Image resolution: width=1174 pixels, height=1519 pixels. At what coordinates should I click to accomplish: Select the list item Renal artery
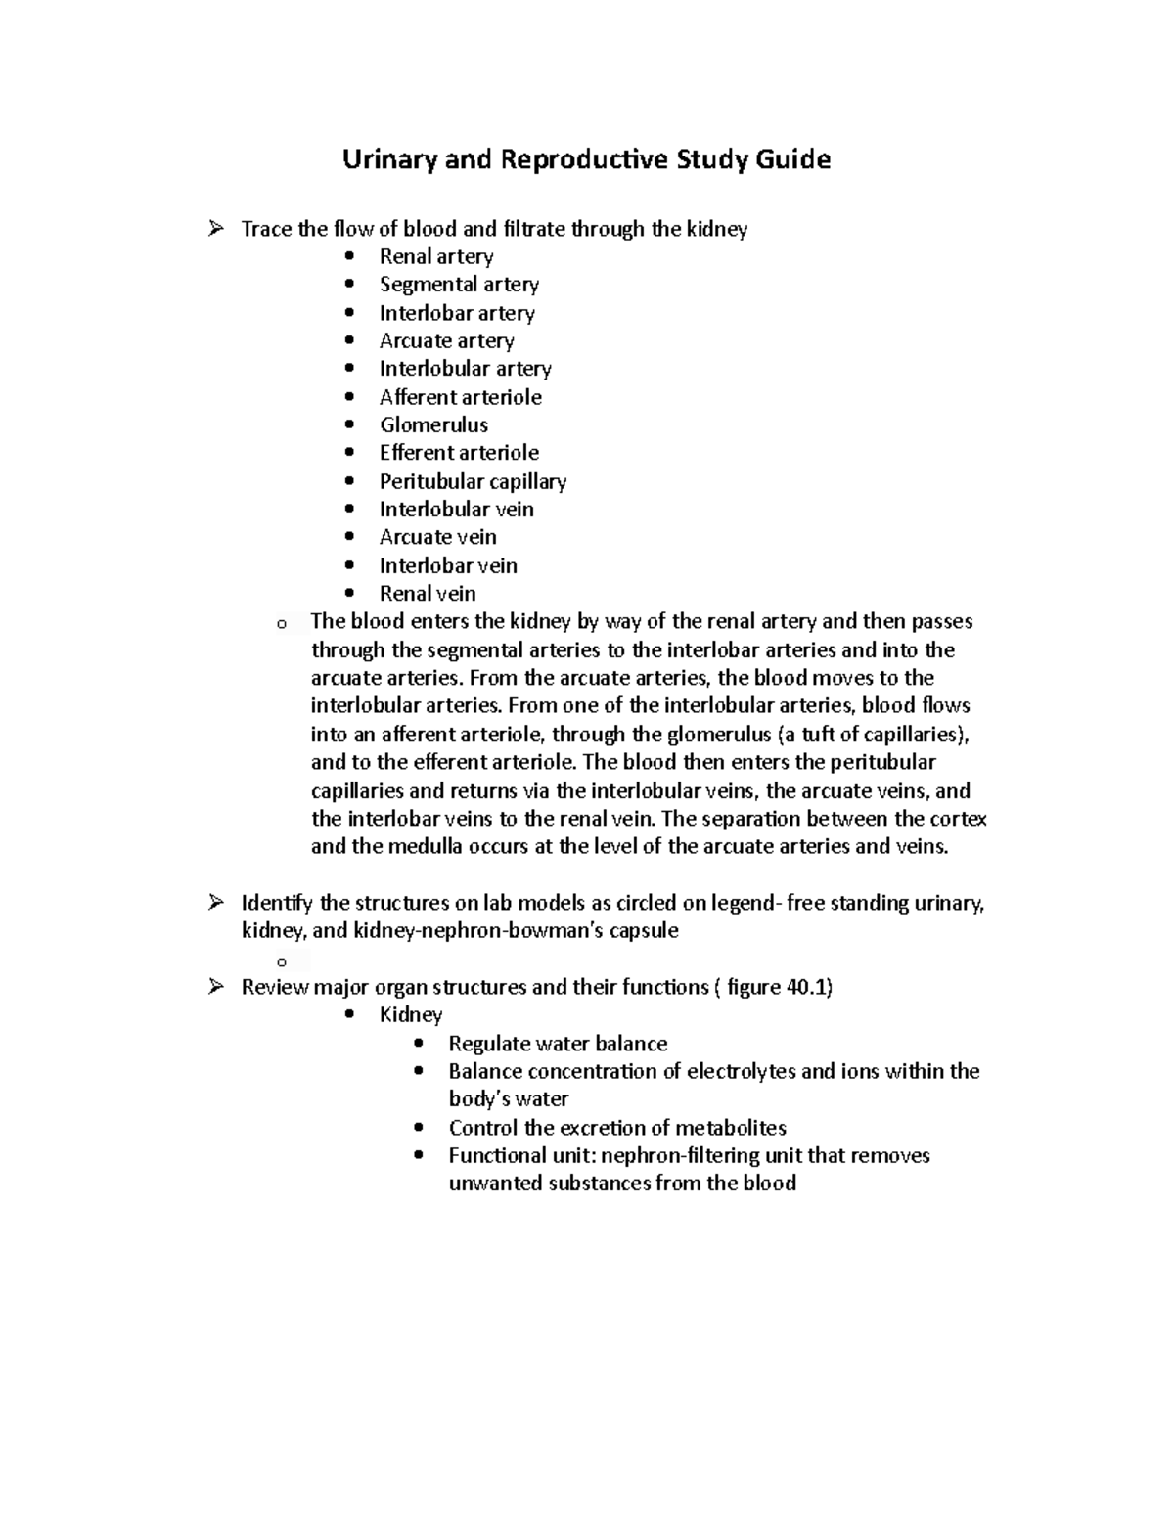point(436,256)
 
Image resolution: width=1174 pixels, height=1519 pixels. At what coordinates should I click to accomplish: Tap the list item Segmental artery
point(459,285)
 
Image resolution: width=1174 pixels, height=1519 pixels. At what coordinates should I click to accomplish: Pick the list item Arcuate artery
point(446,341)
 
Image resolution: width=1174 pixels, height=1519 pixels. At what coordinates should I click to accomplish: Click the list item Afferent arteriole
point(460,397)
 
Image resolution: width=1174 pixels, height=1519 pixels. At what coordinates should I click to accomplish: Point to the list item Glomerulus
point(433,425)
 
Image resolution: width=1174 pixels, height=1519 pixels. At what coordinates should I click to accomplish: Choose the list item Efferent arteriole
point(459,453)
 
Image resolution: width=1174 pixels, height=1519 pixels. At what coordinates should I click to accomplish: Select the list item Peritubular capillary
point(473,481)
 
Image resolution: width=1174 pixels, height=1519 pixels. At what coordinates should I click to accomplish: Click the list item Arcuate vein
point(437,537)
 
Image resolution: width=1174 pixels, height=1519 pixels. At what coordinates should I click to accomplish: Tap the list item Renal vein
point(428,594)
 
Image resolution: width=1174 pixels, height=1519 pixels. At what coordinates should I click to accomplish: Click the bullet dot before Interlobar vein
point(350,565)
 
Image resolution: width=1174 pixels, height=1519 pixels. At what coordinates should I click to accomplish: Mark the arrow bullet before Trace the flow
point(215,229)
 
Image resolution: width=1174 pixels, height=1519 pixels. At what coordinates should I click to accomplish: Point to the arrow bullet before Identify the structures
point(215,903)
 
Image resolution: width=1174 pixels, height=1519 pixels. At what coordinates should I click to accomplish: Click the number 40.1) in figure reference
point(809,988)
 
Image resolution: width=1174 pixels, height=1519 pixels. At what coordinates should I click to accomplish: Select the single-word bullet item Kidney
point(411,1015)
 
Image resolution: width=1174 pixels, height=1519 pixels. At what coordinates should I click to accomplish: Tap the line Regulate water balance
point(558,1044)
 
